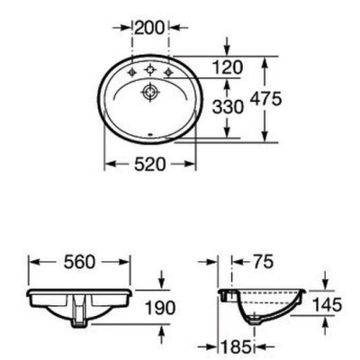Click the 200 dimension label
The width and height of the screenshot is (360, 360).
[x=149, y=28]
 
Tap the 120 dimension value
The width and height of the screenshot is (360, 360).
[x=227, y=67]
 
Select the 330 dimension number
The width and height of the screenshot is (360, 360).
[x=228, y=107]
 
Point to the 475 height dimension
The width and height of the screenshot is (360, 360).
[x=266, y=99]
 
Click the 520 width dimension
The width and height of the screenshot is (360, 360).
[x=149, y=164]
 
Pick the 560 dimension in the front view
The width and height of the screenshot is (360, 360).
[x=79, y=262]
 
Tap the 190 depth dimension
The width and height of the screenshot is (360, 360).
[x=160, y=308]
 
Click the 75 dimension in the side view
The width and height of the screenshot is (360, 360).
[x=263, y=262]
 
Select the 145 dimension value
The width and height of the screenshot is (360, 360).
[x=327, y=305]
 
